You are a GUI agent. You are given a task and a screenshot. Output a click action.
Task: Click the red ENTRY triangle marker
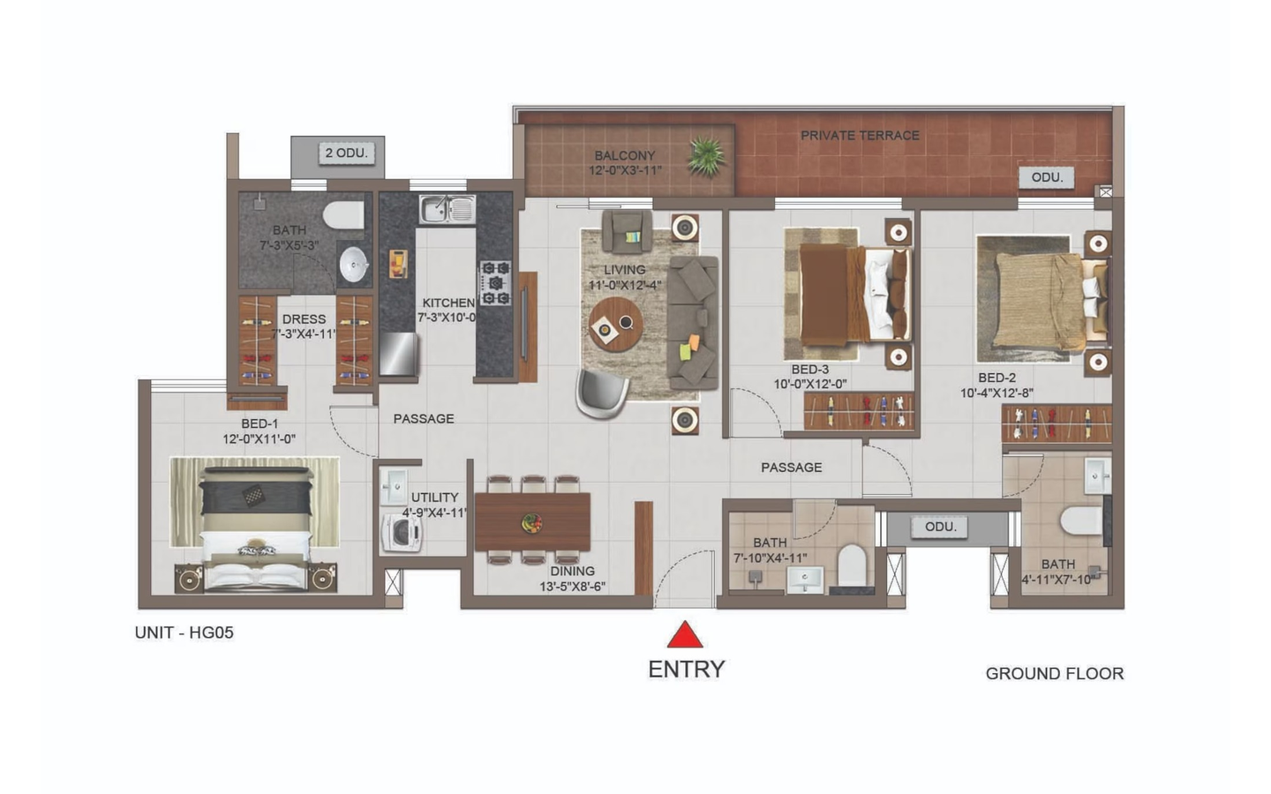click(685, 636)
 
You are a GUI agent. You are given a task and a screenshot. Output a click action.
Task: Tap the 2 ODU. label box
click(347, 154)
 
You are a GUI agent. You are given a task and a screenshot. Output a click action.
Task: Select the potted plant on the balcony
click(706, 155)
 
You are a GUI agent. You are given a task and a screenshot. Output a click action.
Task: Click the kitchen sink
click(447, 209)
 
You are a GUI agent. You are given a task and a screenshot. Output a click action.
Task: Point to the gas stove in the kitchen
click(496, 283)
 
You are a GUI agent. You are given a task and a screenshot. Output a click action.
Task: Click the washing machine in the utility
click(402, 533)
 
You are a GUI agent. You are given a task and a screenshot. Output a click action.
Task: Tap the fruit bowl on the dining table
click(531, 523)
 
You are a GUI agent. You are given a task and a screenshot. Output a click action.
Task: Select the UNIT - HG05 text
click(184, 633)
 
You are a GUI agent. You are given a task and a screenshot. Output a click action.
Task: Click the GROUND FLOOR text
click(1054, 673)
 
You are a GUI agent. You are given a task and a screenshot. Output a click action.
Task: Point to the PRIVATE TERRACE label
click(860, 136)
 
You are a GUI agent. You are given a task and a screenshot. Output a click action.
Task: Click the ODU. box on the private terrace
click(1047, 177)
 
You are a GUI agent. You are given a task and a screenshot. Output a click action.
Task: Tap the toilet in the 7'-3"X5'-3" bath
click(344, 215)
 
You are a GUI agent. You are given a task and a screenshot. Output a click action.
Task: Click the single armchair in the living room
click(627, 231)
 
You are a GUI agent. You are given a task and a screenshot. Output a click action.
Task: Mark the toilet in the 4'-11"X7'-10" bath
click(1082, 521)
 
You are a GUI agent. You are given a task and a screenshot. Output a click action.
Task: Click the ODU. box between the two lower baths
click(940, 527)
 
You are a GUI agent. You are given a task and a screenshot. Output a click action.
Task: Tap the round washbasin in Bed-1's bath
click(354, 265)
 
